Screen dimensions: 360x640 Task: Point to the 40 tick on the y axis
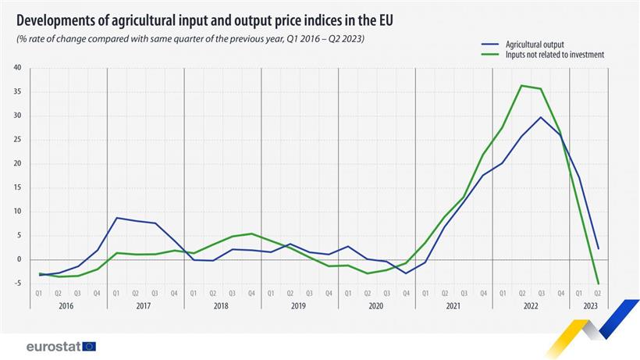click(x=17, y=67)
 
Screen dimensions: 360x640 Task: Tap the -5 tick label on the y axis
click(x=17, y=283)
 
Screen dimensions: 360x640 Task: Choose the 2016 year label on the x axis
click(x=68, y=307)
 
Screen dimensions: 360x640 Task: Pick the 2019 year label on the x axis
click(x=300, y=307)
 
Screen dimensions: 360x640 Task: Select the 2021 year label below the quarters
click(x=454, y=307)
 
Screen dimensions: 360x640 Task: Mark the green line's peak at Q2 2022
click(x=521, y=85)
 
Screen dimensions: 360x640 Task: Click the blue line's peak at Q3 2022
click(x=541, y=117)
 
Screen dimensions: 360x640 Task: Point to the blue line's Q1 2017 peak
click(x=116, y=218)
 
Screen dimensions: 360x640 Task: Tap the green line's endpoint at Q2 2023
click(x=598, y=283)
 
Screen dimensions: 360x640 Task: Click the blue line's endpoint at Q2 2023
click(x=598, y=248)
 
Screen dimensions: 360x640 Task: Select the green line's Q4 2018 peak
click(x=251, y=233)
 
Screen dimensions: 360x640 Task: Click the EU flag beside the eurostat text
click(x=89, y=346)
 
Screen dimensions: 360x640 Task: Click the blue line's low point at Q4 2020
click(x=406, y=273)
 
